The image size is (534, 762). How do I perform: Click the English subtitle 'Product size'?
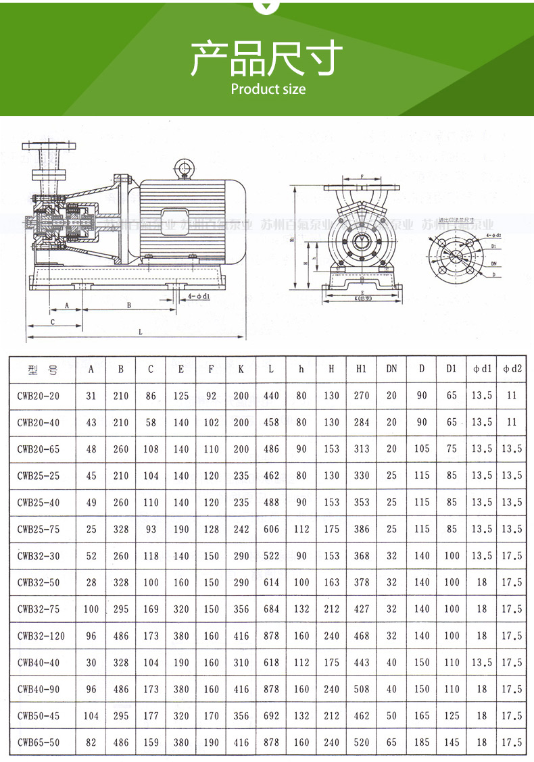pyautogui.click(x=268, y=89)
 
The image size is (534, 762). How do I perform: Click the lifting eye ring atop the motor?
pyautogui.click(x=183, y=168)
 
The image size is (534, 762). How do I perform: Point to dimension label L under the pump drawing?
pyautogui.click(x=140, y=332)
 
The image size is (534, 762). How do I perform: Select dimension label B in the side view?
pyautogui.click(x=128, y=305)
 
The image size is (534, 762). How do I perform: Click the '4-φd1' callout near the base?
pyautogui.click(x=199, y=296)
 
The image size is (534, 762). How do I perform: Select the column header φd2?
pyautogui.click(x=512, y=369)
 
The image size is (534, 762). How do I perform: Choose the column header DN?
pyautogui.click(x=391, y=369)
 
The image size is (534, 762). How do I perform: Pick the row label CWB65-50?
pyautogui.click(x=39, y=742)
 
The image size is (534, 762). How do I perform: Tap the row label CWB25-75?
pyautogui.click(x=39, y=529)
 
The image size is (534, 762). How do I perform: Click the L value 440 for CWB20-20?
pyautogui.click(x=271, y=396)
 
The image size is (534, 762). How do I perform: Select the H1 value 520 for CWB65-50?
pyautogui.click(x=362, y=742)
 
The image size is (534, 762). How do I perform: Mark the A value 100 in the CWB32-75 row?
pyautogui.click(x=91, y=609)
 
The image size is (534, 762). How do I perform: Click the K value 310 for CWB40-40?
pyautogui.click(x=241, y=662)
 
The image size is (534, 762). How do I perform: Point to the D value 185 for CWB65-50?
pyautogui.click(x=422, y=742)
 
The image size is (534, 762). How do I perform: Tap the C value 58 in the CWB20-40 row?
pyautogui.click(x=151, y=422)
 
